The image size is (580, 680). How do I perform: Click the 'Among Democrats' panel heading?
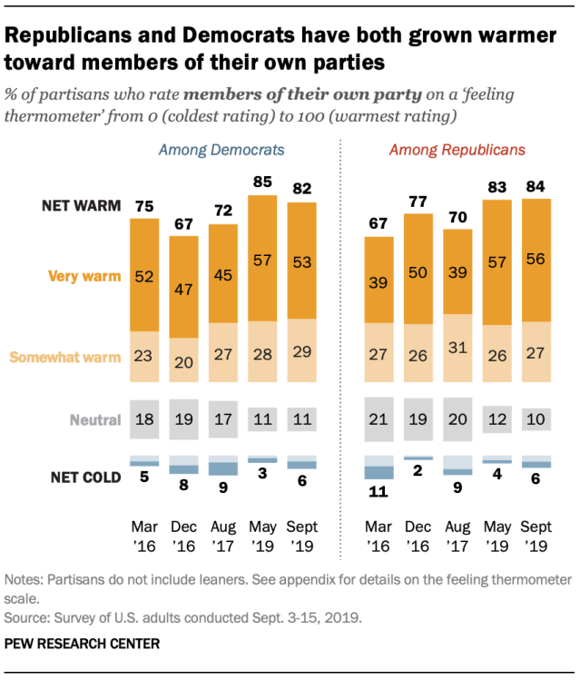pos(222,149)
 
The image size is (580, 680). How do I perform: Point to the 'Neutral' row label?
pos(96,420)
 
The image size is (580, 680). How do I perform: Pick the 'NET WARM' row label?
pos(81,206)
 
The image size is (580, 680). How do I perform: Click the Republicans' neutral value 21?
pos(378,420)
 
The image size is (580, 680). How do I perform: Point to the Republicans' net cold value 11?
pos(378,493)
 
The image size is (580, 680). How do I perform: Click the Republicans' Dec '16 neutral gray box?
pos(418,420)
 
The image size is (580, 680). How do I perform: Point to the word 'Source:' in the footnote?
pos(26,616)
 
